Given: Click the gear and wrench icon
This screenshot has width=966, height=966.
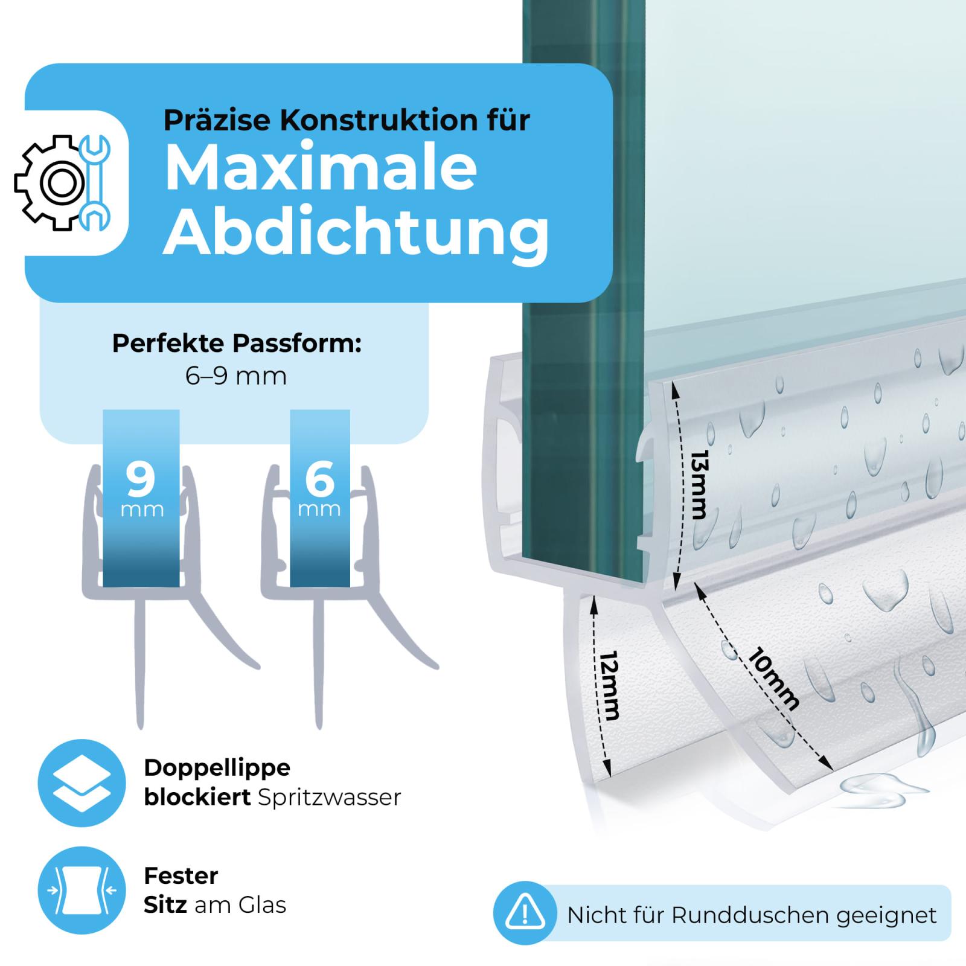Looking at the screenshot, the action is point(62,182).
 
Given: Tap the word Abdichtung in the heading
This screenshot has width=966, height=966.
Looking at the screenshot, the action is point(356,234).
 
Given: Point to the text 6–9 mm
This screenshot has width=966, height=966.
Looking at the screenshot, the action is point(235,376).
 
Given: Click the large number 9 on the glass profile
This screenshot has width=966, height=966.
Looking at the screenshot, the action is point(141,478).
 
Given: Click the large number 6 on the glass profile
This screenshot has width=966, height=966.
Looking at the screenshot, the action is point(319,478).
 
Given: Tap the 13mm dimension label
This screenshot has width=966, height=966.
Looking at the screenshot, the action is point(700,484).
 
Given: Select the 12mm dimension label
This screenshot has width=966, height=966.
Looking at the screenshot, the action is point(610,685).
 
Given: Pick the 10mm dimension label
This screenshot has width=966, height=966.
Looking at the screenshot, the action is point(773,678).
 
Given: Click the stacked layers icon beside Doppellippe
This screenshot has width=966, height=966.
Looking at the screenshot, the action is point(82,783).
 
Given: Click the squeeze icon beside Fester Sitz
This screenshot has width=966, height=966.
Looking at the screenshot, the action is point(82,891).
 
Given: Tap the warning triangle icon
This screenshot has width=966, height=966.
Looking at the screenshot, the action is point(525,913).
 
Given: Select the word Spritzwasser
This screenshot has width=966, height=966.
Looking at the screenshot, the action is point(329,798).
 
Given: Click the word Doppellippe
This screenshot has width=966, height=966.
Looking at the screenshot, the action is point(217,768).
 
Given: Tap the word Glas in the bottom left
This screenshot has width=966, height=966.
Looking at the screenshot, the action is point(262,904).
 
